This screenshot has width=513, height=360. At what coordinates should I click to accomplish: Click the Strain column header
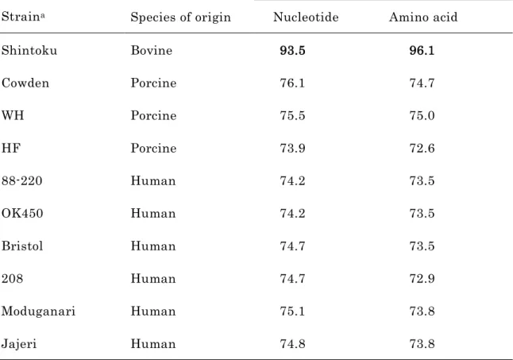23,17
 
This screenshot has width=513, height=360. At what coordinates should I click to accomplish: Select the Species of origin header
180,17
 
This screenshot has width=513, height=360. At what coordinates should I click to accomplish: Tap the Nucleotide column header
306,17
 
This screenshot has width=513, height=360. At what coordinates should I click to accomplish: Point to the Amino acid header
423,17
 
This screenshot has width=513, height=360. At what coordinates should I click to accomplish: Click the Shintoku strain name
29,50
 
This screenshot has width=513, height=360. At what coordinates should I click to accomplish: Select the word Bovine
152,50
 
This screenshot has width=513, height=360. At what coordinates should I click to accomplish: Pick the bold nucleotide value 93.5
292,50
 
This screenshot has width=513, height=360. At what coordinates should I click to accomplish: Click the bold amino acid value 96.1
422,50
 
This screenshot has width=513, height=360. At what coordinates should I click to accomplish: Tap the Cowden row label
25,83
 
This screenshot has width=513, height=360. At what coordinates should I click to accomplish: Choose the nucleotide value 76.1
292,83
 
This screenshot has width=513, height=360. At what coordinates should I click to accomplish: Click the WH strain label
13,115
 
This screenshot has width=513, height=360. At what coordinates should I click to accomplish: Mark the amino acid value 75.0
422,116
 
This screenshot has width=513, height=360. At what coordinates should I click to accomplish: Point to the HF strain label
11,149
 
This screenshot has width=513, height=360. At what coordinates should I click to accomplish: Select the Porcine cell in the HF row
153,149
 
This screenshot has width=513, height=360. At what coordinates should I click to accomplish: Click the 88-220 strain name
21,181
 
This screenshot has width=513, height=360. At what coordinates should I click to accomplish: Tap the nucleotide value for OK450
292,214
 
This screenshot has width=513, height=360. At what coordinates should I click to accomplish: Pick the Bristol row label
22,246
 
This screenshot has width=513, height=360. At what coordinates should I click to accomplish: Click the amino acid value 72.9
422,279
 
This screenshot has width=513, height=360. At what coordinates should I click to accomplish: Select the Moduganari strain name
38,312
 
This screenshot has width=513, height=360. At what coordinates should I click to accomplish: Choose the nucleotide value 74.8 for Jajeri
292,344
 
